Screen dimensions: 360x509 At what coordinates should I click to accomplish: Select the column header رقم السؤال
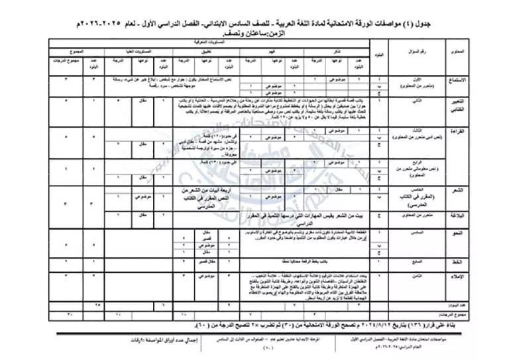(418, 51)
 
